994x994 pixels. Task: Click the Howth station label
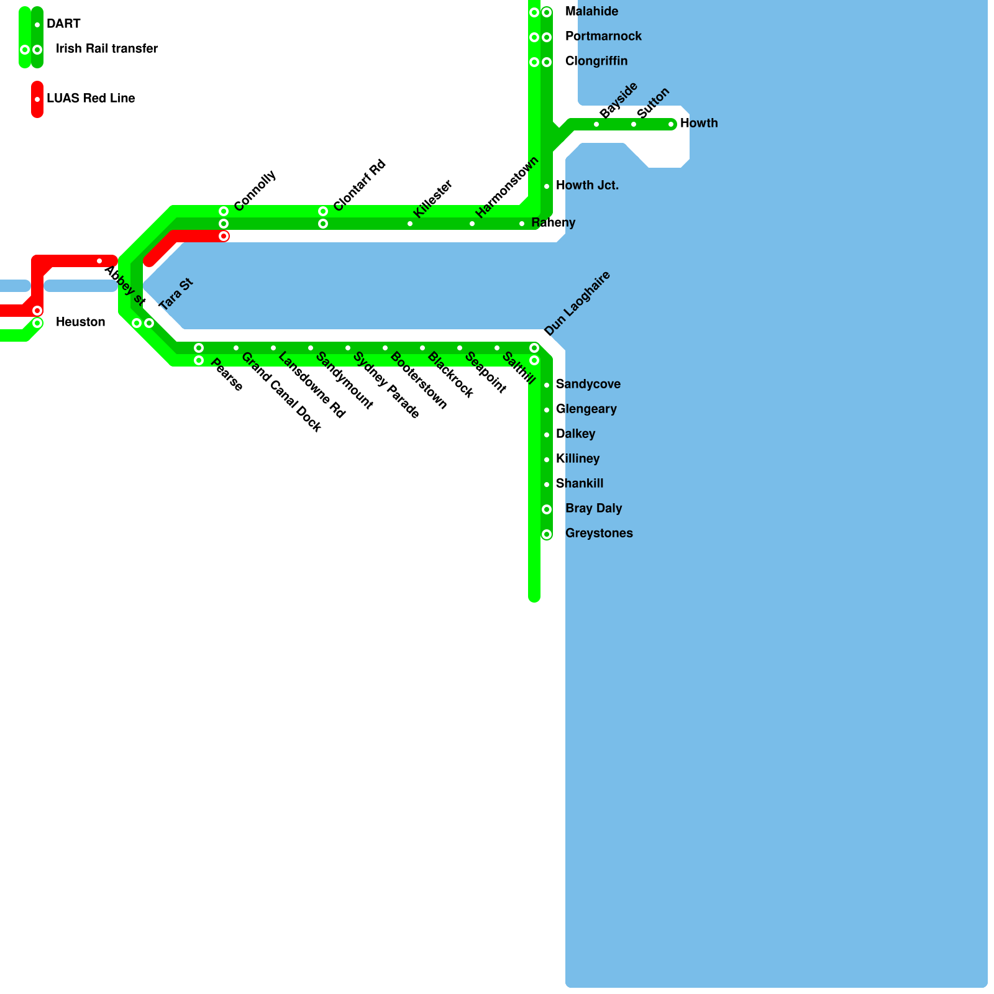699,123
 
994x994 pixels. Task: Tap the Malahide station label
591,11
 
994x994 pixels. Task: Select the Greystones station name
599,533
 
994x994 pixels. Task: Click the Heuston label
80,322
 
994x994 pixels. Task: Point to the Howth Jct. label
587,185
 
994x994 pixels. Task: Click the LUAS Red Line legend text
91,98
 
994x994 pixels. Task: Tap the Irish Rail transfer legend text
107,48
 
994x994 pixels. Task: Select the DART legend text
63,24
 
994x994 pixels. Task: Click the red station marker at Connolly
224,236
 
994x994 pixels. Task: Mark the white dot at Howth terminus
671,124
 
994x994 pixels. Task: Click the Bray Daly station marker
547,509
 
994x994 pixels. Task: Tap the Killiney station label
578,458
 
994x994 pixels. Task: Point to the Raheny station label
553,222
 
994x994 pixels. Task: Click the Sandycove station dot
547,385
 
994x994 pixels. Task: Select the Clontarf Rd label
360,185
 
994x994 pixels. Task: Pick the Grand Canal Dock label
281,392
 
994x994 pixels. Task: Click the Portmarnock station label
603,36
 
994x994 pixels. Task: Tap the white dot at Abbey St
99,261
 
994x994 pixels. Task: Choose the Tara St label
176,294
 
